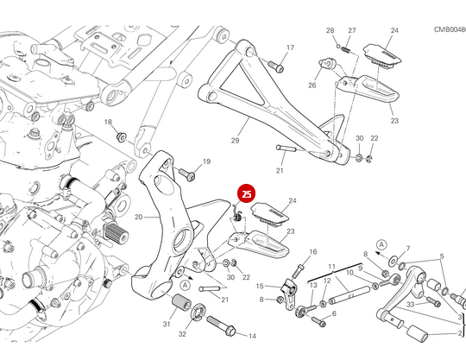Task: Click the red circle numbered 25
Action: tap(247, 195)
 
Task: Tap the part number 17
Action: tap(290, 47)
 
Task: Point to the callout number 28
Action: tap(330, 31)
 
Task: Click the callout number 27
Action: tap(351, 31)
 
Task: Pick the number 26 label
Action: tap(312, 85)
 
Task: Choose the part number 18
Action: tap(109, 123)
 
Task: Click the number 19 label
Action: tap(206, 161)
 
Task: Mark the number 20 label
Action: tap(126, 217)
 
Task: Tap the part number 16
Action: tap(313, 252)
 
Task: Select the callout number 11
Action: tap(331, 267)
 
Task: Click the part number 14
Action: tap(253, 336)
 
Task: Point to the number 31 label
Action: tap(166, 324)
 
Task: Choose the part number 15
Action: tap(260, 285)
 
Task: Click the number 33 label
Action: tap(411, 304)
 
